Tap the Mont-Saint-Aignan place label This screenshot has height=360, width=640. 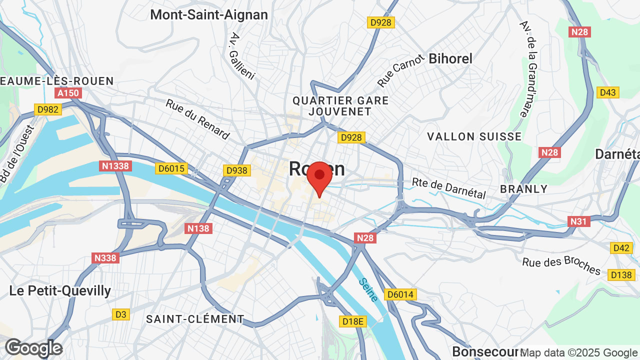(x=209, y=15)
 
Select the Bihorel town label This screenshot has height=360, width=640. (x=450, y=58)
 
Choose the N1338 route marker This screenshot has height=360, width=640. (x=115, y=166)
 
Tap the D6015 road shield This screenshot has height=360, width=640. (x=171, y=168)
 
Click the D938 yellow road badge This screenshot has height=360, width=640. (x=236, y=170)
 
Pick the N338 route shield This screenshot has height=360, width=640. (x=105, y=258)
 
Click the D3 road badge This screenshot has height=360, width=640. (x=120, y=314)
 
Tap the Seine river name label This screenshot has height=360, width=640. (x=368, y=290)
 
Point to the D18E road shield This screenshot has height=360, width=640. (x=352, y=321)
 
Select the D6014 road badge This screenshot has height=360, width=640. (x=400, y=294)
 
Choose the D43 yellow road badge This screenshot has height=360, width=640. (x=608, y=92)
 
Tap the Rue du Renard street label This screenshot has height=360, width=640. (x=198, y=119)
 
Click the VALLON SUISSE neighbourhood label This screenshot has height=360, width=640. (x=474, y=136)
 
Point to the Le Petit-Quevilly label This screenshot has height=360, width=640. (x=60, y=291)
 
